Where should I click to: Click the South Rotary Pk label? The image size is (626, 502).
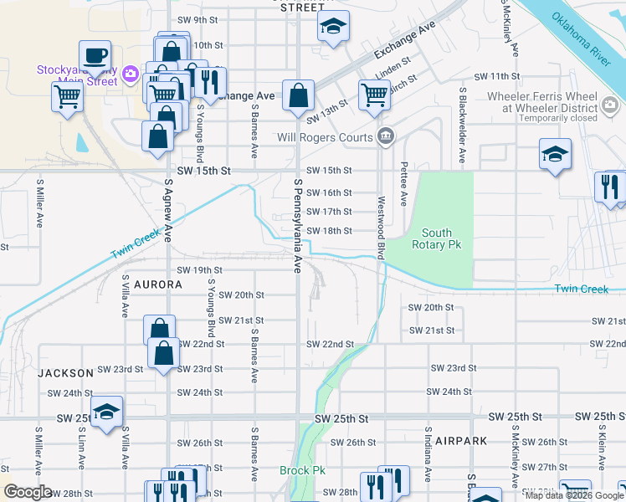(x=437, y=238)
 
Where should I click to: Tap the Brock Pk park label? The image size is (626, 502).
(x=302, y=471)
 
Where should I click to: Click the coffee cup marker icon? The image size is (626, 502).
(x=95, y=56)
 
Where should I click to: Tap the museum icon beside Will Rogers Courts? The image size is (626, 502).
(x=385, y=136)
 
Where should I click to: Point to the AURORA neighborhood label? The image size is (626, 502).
(x=156, y=284)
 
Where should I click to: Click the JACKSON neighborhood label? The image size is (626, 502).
(x=65, y=372)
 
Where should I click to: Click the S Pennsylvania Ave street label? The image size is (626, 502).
(x=297, y=224)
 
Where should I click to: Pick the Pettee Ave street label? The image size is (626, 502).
(x=404, y=184)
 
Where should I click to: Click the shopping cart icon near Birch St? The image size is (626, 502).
(x=374, y=95)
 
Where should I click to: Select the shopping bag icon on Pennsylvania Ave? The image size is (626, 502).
(x=298, y=96)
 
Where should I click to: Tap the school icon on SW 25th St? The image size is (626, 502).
(x=107, y=412)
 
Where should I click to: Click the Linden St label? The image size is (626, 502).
(x=393, y=61)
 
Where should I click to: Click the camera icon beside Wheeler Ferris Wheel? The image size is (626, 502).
(x=611, y=103)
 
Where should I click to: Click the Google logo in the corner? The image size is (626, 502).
(x=28, y=492)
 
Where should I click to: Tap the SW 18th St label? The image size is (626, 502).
(x=329, y=231)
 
